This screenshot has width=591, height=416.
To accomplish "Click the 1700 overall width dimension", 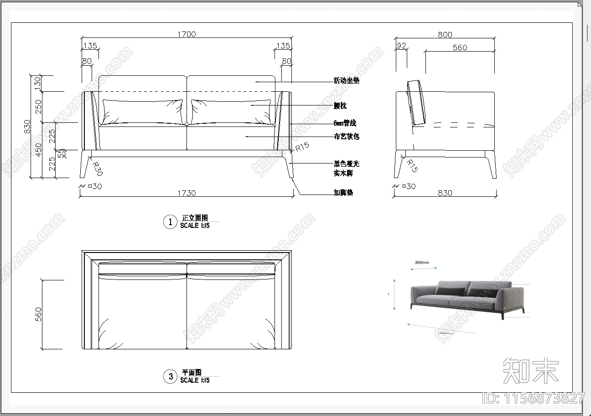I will click(187, 34).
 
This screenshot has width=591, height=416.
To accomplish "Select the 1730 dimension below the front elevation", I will click(187, 193).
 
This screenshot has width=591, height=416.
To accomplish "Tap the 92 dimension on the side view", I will click(401, 46).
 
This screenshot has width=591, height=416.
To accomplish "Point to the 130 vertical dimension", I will click(38, 82).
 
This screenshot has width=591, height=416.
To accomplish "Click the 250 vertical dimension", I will click(38, 106).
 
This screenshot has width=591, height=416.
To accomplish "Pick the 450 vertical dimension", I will click(38, 150).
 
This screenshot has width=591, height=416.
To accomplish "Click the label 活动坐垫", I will click(346, 81).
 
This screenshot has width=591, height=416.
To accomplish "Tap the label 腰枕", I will click(340, 105).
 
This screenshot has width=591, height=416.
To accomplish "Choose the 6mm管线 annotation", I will click(344, 123).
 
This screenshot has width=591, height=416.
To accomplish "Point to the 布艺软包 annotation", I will click(346, 136).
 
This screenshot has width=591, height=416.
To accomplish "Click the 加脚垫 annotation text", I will click(343, 193).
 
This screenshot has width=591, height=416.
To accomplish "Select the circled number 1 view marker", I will click(170, 222).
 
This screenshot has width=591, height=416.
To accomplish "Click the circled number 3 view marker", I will click(170, 376).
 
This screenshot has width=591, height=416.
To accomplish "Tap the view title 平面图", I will click(192, 373).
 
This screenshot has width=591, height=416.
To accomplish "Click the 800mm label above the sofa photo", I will click(422, 263).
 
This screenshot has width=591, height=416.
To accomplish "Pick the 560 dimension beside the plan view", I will click(38, 314).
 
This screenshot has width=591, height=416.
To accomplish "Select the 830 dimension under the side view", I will click(445, 193).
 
